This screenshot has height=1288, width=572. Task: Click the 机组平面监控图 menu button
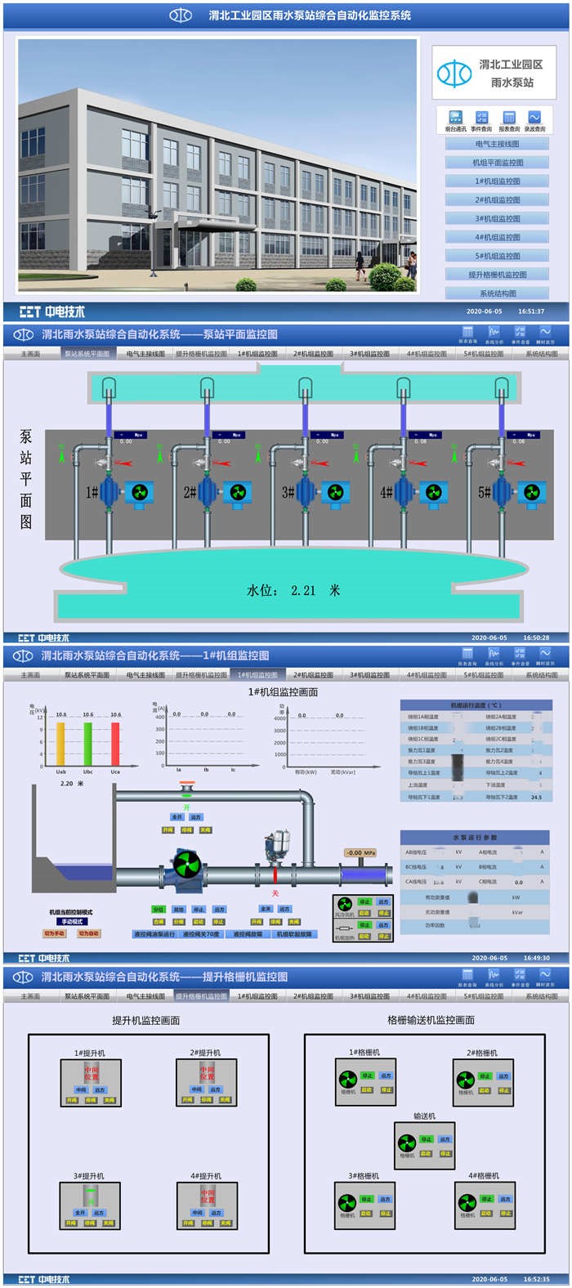[498, 163]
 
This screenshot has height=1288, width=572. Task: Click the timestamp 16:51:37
[531, 311]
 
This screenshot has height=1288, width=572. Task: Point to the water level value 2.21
[303, 590]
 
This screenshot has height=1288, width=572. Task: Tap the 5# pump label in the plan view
[485, 492]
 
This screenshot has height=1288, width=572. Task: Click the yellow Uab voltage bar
[60, 744]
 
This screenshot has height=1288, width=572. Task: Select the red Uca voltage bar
[115, 744]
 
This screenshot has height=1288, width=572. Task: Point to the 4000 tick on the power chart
[279, 719]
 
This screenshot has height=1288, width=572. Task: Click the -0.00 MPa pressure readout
[360, 853]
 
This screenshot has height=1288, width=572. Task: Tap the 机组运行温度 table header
[476, 705]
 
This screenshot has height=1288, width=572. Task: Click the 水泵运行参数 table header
[475, 838]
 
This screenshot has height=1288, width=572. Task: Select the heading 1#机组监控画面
[283, 692]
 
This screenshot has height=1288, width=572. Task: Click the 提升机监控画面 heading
[145, 1021]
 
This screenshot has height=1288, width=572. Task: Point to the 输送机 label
[424, 1116]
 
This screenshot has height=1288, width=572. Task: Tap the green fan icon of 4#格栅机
[467, 1202]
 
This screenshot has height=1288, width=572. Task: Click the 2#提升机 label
[205, 1053]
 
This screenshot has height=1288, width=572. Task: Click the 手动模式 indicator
[72, 922]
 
